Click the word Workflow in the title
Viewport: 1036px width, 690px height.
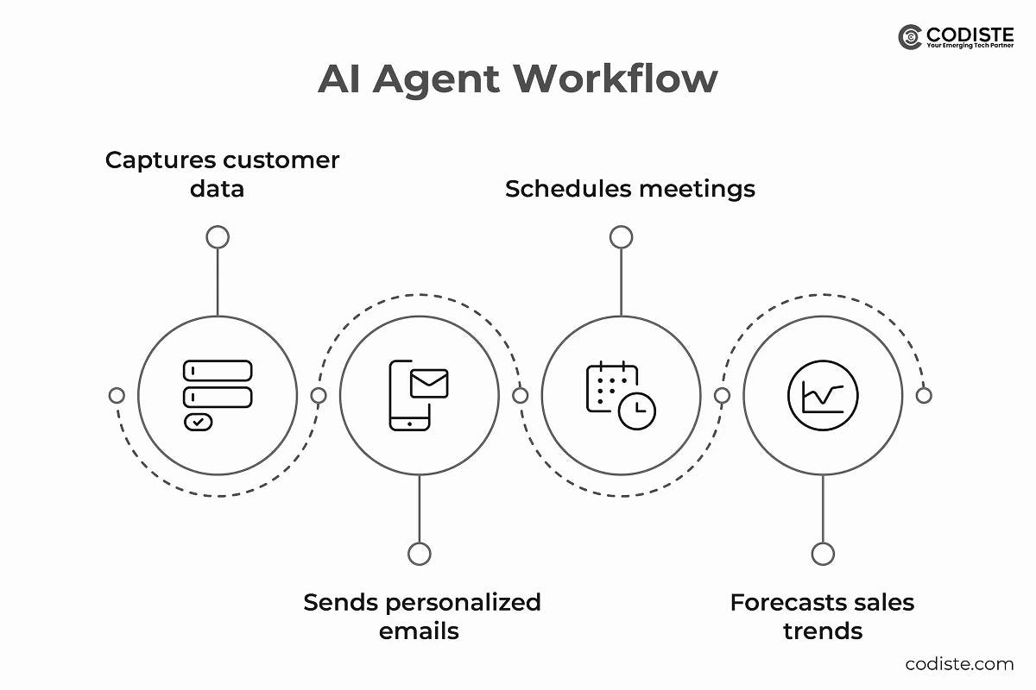coord(616,79)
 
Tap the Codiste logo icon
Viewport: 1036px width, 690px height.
coord(910,37)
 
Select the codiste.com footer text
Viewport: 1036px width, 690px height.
coord(959,663)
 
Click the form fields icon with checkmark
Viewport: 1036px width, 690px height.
coord(217,395)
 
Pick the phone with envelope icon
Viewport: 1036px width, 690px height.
coord(419,394)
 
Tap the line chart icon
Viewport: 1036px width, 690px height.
coord(823,395)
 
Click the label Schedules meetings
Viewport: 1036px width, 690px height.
coord(629,189)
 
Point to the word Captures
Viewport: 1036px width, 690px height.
coord(161,160)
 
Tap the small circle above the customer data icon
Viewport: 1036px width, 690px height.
coord(218,237)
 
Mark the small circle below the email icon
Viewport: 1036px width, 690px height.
coord(420,554)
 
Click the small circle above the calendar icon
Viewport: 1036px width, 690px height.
coord(621,237)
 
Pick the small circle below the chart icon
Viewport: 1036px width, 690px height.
coord(823,554)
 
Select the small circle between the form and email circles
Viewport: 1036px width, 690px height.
coord(319,396)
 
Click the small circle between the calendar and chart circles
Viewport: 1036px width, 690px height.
coord(722,396)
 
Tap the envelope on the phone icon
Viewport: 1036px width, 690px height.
coord(429,383)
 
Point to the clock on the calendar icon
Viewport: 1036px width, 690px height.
coord(637,411)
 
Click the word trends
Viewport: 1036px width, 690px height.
coord(823,631)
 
